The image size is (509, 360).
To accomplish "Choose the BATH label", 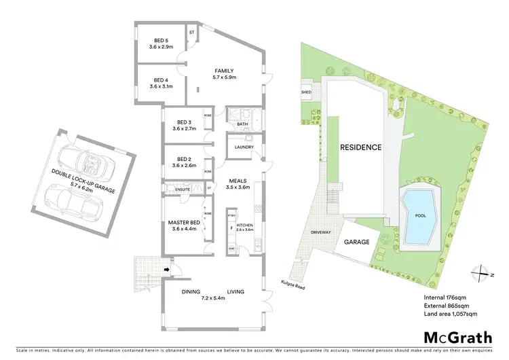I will click(x=242, y=125).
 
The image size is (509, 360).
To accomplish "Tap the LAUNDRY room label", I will click(x=243, y=147).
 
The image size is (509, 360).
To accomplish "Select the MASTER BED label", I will click(x=183, y=223).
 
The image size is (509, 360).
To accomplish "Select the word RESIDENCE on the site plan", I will click(x=360, y=147).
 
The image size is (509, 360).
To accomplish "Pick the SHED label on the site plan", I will click(x=306, y=91).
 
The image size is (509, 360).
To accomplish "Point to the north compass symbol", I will click(x=481, y=272).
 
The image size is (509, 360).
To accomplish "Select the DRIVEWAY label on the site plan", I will click(x=321, y=232).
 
